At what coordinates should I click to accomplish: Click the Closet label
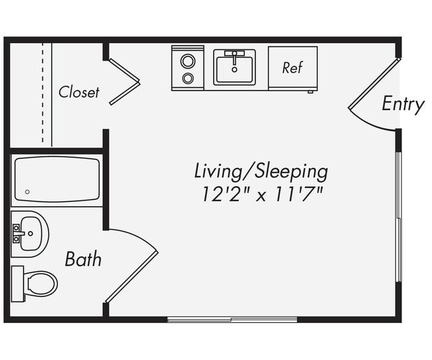78,92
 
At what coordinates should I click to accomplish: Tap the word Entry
403,104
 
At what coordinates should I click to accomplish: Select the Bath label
83,259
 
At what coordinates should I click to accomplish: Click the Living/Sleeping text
261,171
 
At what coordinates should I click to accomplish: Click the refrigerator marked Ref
292,68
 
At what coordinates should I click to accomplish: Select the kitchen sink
234,68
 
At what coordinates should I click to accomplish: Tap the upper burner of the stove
188,61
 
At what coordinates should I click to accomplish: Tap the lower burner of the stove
188,78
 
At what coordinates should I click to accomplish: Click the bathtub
57,179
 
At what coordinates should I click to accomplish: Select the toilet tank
18,284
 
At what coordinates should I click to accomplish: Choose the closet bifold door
124,82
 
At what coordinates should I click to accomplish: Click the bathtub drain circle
27,193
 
